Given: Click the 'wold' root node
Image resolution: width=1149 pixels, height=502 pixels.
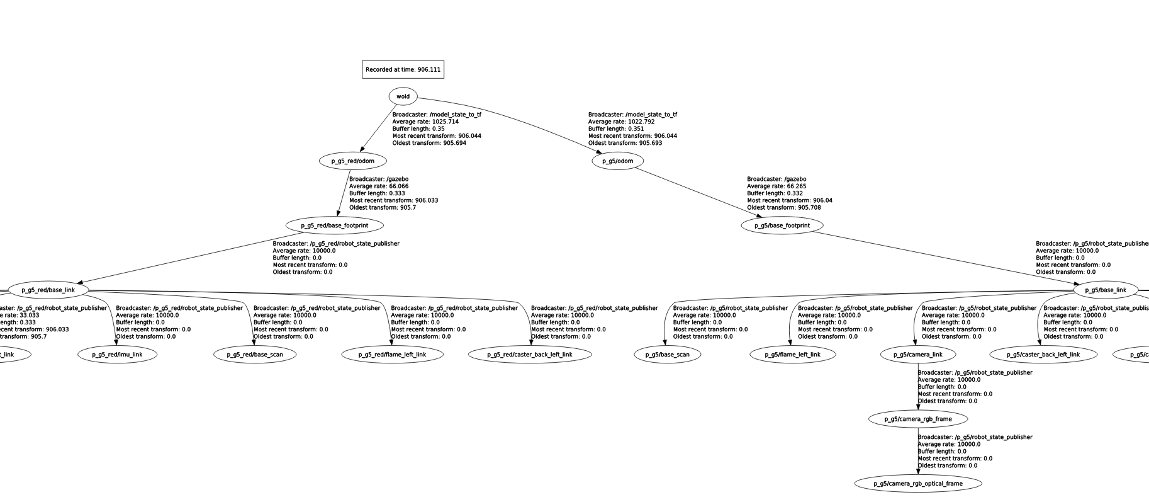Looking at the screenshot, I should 403,96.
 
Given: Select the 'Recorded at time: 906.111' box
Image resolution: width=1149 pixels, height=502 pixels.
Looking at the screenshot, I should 403,69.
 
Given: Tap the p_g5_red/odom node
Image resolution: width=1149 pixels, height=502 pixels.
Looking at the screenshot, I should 352,161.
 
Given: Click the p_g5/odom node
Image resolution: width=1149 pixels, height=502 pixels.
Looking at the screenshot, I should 617,161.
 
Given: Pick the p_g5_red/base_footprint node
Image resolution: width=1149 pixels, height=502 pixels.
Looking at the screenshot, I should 334,225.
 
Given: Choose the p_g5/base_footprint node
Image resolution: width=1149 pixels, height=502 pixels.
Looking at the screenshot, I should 782,225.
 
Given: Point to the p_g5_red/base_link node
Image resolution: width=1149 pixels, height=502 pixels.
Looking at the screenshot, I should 48,290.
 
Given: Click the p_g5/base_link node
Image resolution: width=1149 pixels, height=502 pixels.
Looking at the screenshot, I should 1105,290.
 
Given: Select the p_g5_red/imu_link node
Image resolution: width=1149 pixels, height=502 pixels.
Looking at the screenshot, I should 117,355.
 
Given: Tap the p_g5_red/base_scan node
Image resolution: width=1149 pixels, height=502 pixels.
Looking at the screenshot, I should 255,355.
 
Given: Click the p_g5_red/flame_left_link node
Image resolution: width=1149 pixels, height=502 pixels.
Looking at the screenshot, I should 392,355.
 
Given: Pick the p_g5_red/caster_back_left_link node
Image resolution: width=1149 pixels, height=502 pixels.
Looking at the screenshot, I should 530,355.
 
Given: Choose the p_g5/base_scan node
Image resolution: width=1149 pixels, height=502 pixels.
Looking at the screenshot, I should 667,355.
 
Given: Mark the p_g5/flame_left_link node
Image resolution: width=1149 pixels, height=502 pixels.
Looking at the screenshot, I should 792,355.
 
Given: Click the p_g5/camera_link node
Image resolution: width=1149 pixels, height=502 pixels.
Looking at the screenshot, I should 918,355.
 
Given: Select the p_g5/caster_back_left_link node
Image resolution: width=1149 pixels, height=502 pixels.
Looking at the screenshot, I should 1043,355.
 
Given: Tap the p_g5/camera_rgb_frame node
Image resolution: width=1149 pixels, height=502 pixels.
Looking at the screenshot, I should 917,419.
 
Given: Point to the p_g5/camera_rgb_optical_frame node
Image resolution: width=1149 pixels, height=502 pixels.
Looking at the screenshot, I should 917,484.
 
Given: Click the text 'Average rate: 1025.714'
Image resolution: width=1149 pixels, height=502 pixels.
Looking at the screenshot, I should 425,122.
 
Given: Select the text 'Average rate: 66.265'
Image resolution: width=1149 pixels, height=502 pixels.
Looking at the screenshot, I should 776,186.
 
